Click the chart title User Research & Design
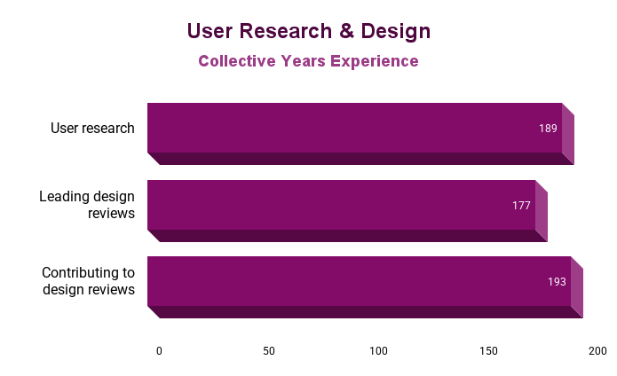click(308, 31)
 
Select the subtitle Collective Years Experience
click(308, 61)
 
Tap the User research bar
click(355, 128)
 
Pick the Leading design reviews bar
click(342, 205)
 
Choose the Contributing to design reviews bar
click(360, 281)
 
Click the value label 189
click(548, 129)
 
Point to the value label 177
click(521, 206)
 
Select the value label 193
click(557, 282)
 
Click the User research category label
click(92, 129)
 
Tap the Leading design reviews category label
click(87, 205)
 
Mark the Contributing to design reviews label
click(88, 281)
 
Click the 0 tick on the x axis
click(159, 350)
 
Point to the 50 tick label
click(269, 350)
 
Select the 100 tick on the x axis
click(379, 350)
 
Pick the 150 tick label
click(488, 350)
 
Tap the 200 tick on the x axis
click(598, 350)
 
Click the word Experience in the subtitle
click(374, 61)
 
